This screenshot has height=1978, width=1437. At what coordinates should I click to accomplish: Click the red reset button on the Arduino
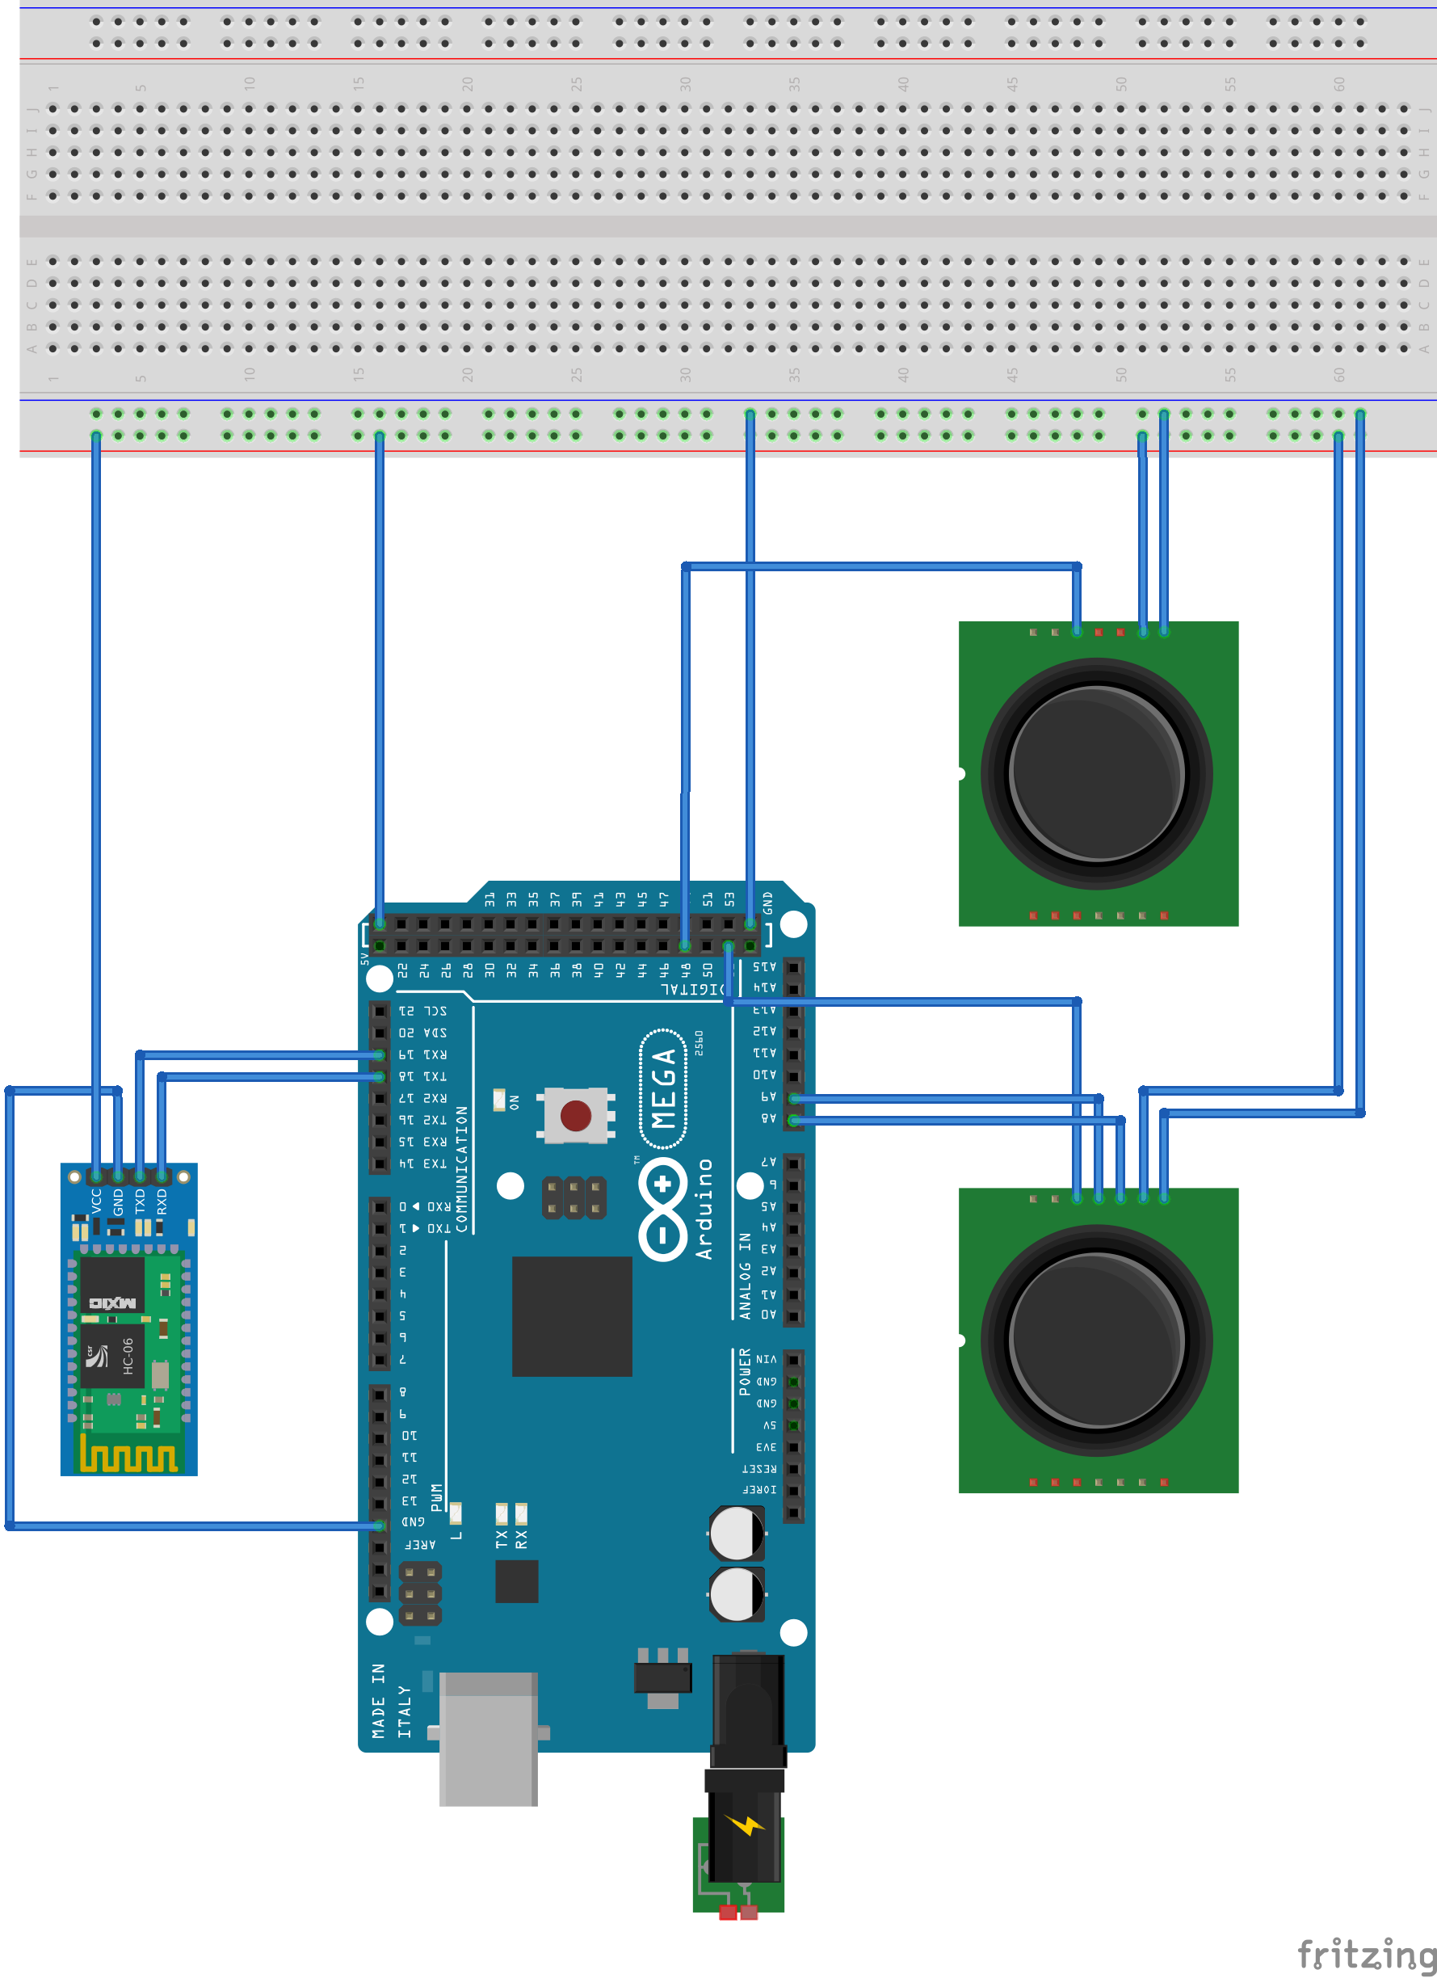[575, 1116]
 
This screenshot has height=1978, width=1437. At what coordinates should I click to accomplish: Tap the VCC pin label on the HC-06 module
[96, 1201]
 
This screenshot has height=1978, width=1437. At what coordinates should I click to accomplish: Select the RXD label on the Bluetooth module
[162, 1202]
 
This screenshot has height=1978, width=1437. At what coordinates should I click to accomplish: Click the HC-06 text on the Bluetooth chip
[128, 1356]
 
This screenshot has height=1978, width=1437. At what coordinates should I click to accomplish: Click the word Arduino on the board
[704, 1209]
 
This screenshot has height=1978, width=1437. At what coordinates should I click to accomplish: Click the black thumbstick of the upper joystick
[1096, 773]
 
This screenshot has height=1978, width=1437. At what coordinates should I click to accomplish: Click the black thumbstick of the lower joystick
[1096, 1340]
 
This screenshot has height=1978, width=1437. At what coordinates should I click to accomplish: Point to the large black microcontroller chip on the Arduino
[571, 1316]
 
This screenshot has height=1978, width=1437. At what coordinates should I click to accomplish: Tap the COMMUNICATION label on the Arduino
[461, 1168]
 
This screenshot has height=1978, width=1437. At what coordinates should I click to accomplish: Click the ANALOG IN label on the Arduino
[745, 1275]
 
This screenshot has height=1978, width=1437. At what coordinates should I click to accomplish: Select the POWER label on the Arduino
[745, 1372]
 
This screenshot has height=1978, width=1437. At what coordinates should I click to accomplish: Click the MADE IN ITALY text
[392, 1701]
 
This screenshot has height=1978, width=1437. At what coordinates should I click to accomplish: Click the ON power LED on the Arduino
[500, 1100]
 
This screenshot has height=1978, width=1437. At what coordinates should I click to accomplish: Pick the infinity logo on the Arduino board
[663, 1210]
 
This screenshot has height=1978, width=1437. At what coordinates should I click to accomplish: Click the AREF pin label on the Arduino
[420, 1545]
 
